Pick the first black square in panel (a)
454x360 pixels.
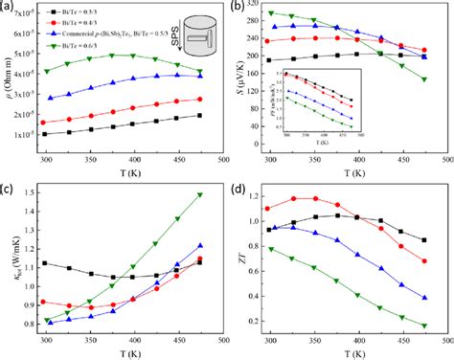click(46, 134)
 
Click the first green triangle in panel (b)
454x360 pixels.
click(273, 13)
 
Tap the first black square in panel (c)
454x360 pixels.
click(45, 263)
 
